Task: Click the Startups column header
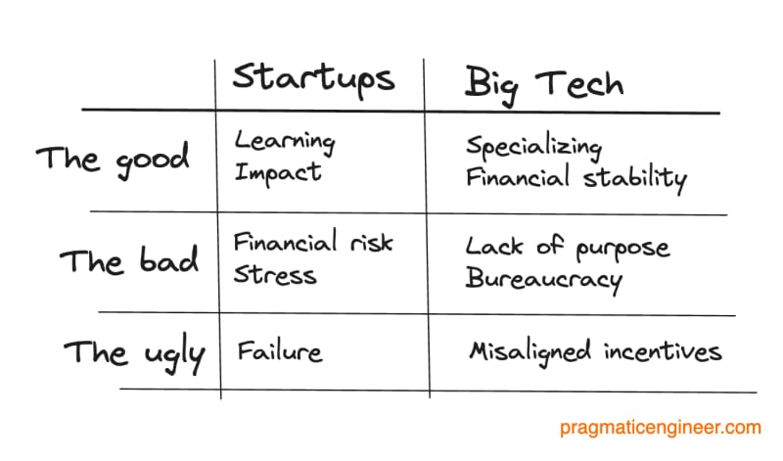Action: (x=313, y=79)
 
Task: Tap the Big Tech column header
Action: (x=544, y=86)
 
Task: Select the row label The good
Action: (x=113, y=160)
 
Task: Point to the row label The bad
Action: (x=129, y=259)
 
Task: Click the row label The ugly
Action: (x=134, y=353)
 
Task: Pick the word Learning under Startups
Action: (x=285, y=142)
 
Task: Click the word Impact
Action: (x=278, y=173)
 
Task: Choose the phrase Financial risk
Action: (x=313, y=242)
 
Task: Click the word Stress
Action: (x=275, y=274)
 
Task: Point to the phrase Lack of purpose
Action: (x=568, y=249)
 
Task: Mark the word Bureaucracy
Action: (x=544, y=280)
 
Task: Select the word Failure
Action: (x=280, y=351)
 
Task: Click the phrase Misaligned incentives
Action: (x=595, y=352)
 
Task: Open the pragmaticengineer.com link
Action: (x=660, y=428)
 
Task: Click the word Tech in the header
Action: (x=579, y=83)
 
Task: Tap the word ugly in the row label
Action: (x=174, y=355)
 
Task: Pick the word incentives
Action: (x=663, y=351)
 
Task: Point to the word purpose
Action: (x=622, y=250)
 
